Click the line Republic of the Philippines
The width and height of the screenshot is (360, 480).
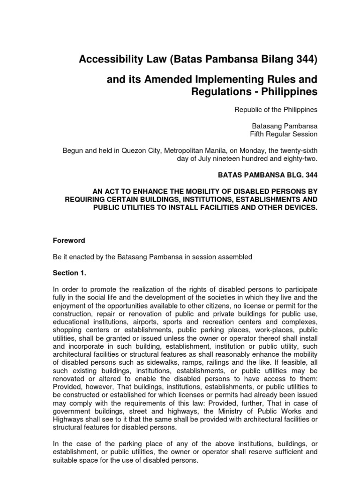pos(276,110)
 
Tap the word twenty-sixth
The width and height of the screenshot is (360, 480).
pos(298,150)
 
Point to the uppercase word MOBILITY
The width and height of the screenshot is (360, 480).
pos(208,191)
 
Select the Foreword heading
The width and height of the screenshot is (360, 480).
pos(68,240)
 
